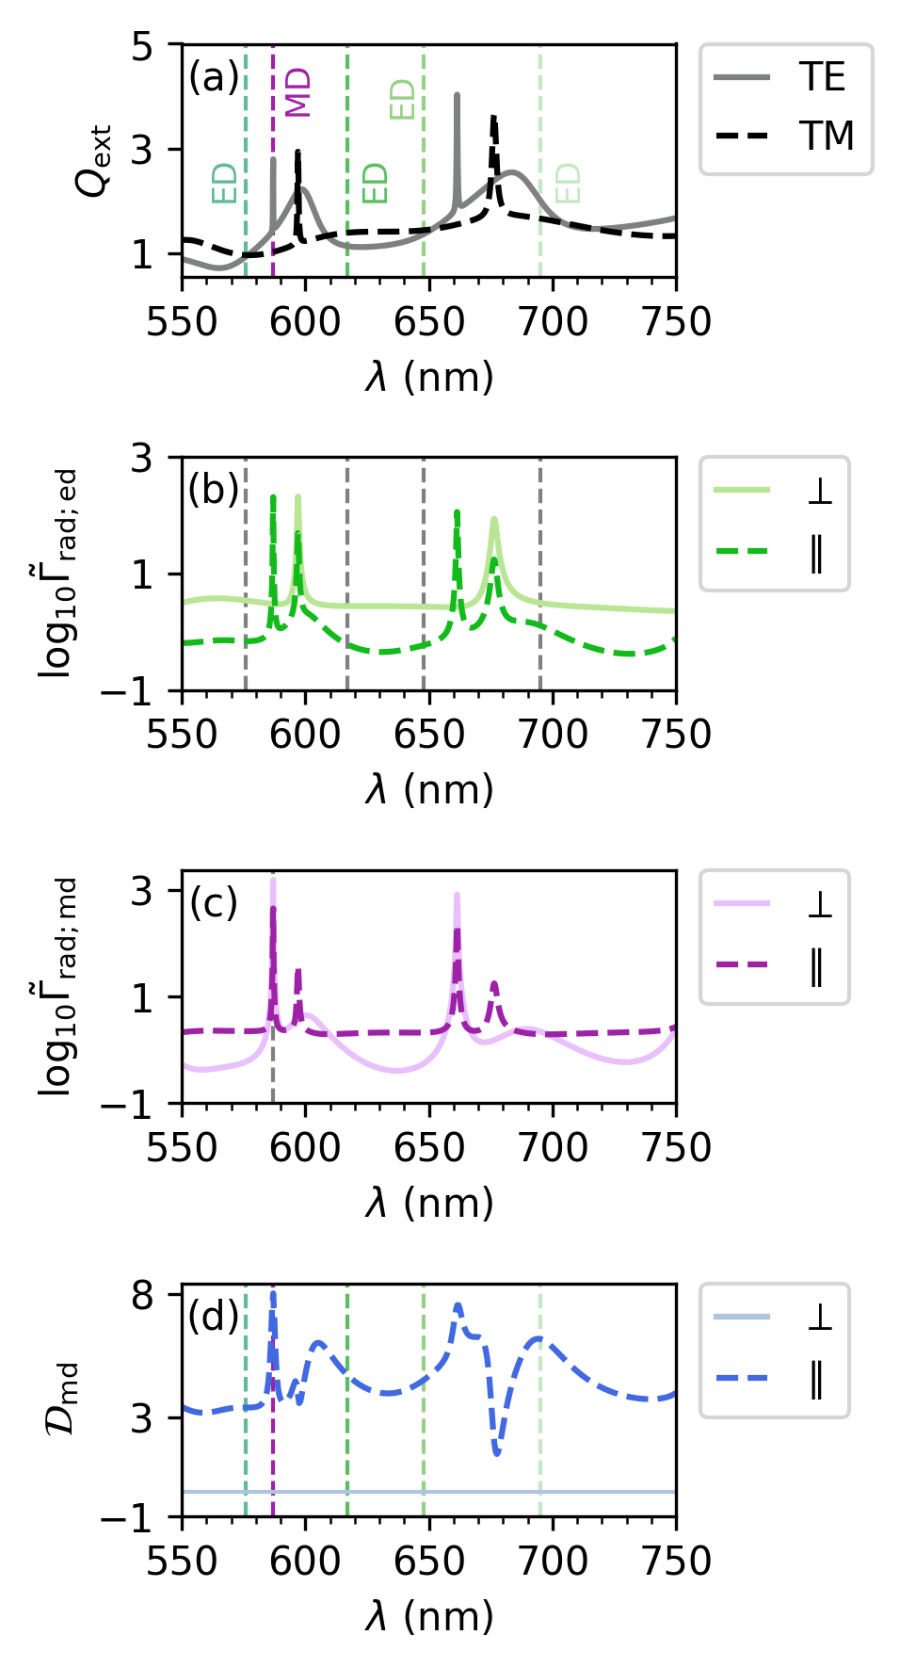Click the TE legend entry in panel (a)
point(822,77)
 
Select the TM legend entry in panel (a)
point(827,137)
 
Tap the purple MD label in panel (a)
point(297,92)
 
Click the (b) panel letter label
point(214,490)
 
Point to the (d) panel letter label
point(214,1316)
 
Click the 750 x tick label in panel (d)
point(677,1561)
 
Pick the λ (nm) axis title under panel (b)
point(429,789)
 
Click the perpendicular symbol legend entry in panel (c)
point(819,904)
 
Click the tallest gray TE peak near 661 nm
point(458,95)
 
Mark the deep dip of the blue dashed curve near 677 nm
point(497,1452)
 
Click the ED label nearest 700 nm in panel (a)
point(568,184)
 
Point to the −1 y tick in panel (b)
point(141,692)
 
